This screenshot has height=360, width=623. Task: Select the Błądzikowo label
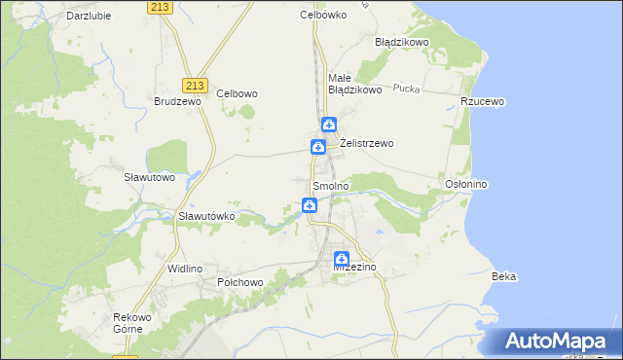[x=402, y=43]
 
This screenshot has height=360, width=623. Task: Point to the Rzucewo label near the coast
[x=483, y=100]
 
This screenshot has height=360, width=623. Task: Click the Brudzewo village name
[x=177, y=100]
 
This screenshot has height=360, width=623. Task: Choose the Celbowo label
[x=237, y=93]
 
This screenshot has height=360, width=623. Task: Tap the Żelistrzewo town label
[x=366, y=144]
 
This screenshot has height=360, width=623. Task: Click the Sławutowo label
[x=149, y=177]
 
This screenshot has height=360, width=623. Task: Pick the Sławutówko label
[x=206, y=216]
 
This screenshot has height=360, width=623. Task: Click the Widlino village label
[x=185, y=268]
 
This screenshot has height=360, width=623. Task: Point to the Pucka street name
[x=406, y=89]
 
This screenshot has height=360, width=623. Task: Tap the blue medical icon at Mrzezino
[x=342, y=259]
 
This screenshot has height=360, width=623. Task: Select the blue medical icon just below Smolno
[x=309, y=205]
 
